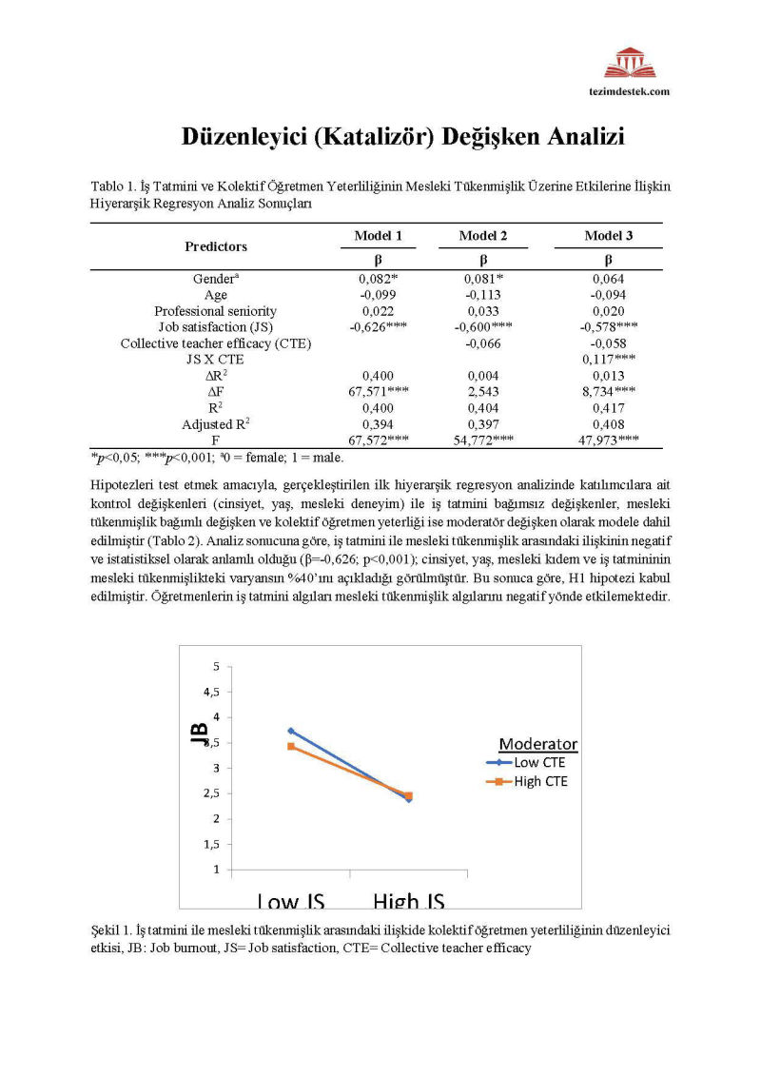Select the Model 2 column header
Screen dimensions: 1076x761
tap(482, 236)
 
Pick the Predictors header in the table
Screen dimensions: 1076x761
tap(216, 246)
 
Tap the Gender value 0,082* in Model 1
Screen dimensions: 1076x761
tap(379, 279)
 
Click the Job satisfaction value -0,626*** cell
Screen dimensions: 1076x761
tap(378, 326)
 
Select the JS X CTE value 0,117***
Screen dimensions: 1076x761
tap(609, 359)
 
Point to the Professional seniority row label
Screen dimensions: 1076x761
tap(216, 311)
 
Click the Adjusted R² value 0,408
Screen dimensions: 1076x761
tap(609, 423)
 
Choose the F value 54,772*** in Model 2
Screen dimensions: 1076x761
tap(483, 440)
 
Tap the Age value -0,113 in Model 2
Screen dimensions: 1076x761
tap(483, 295)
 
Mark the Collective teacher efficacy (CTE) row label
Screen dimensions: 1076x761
tap(216, 342)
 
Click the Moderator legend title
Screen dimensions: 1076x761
tap(538, 744)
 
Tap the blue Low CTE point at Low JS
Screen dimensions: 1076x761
tap(291, 731)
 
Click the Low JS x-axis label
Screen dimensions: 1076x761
tap(291, 901)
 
